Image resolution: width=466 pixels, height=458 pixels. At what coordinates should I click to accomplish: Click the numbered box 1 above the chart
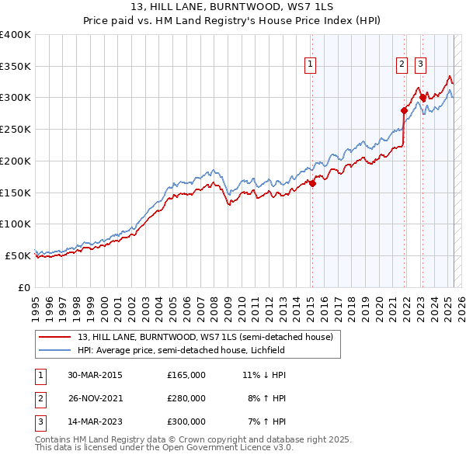pos(310,64)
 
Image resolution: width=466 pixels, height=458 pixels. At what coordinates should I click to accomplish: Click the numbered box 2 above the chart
pos(402,64)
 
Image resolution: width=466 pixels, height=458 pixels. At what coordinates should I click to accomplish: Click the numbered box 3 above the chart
pos(420,64)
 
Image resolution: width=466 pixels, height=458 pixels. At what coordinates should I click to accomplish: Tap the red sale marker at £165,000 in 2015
pos(312,183)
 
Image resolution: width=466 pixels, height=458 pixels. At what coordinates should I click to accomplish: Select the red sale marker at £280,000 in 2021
pos(405,110)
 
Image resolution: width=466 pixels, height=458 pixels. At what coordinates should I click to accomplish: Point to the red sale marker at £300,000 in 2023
pos(423,98)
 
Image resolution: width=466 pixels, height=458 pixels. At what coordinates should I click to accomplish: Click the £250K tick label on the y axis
pos(15,129)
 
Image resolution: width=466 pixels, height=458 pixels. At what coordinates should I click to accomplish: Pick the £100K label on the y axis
pos(15,224)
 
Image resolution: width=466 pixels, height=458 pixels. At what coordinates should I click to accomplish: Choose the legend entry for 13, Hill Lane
pos(205,337)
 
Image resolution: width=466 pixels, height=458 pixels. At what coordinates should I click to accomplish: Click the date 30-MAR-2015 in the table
pos(96,375)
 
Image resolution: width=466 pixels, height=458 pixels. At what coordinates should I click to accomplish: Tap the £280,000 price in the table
pos(186,398)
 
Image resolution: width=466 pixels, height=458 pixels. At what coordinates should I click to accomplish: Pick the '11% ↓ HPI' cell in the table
pos(265,375)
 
